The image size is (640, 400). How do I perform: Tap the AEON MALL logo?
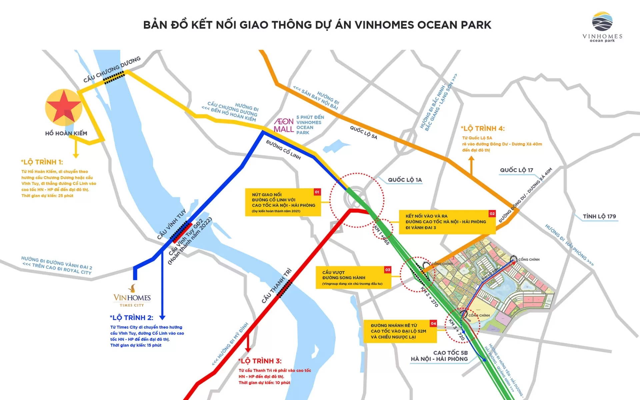point(284,125)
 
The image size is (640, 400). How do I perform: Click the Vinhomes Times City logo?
point(132,296)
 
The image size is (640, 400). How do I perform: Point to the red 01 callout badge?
point(317,192)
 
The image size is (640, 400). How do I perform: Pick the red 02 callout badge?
point(492,214)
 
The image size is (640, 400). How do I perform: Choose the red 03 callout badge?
point(387,270)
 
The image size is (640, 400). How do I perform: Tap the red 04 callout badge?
point(433,323)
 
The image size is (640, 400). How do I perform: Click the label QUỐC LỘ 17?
point(516,170)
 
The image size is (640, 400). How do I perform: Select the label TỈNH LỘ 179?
point(599,216)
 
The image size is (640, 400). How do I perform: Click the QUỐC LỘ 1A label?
point(405,180)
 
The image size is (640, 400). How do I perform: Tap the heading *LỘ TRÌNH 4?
point(483,129)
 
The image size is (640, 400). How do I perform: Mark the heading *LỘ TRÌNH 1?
point(42,162)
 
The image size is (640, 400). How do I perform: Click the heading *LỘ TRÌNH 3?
point(260,361)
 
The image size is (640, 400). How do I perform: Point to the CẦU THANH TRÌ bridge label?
point(276,286)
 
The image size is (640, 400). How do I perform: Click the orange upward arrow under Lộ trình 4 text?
point(471,165)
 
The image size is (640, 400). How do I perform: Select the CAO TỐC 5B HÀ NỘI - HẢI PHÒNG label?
point(440,356)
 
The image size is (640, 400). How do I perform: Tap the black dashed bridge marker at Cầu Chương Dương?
point(114,78)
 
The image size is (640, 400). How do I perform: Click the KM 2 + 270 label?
point(429,297)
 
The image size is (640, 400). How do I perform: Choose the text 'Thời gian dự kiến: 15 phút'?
point(136,345)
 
